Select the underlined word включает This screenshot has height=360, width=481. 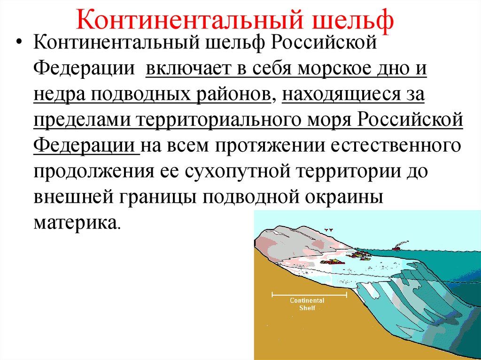[x=188, y=68]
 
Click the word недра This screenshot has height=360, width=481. [x=59, y=94]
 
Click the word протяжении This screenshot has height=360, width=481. [x=269, y=146]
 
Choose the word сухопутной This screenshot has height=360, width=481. [x=238, y=171]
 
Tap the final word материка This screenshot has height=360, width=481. [x=76, y=222]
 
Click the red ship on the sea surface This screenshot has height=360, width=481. [x=399, y=246]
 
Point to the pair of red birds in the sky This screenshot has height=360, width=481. [x=329, y=230]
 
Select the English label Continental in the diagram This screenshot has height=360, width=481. [x=307, y=300]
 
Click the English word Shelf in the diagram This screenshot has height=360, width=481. [x=307, y=307]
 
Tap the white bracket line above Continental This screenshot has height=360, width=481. [x=309, y=295]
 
